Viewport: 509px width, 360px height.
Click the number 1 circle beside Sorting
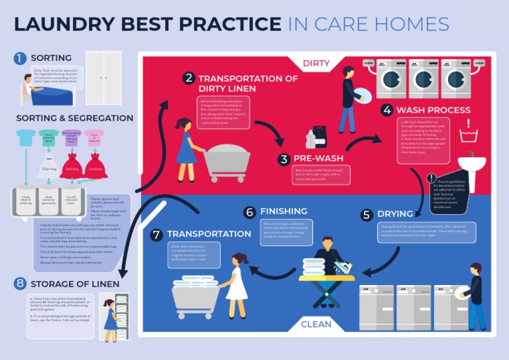click(x=21, y=58)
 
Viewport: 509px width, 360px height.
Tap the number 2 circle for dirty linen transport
click(x=189, y=78)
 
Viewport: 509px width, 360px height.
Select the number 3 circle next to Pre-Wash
click(x=284, y=159)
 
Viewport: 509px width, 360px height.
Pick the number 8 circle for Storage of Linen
click(x=20, y=284)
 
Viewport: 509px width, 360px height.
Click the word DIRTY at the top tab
click(x=316, y=64)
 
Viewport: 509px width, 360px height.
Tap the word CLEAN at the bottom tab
click(x=316, y=324)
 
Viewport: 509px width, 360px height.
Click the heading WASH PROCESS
click(x=433, y=110)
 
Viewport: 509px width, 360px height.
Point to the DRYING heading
click(x=395, y=214)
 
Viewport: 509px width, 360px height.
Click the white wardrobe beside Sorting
click(x=103, y=78)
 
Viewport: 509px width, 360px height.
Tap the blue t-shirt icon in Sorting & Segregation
click(x=27, y=137)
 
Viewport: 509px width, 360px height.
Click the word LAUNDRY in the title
click(x=67, y=25)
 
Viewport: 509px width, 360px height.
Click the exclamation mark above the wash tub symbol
click(x=469, y=124)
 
